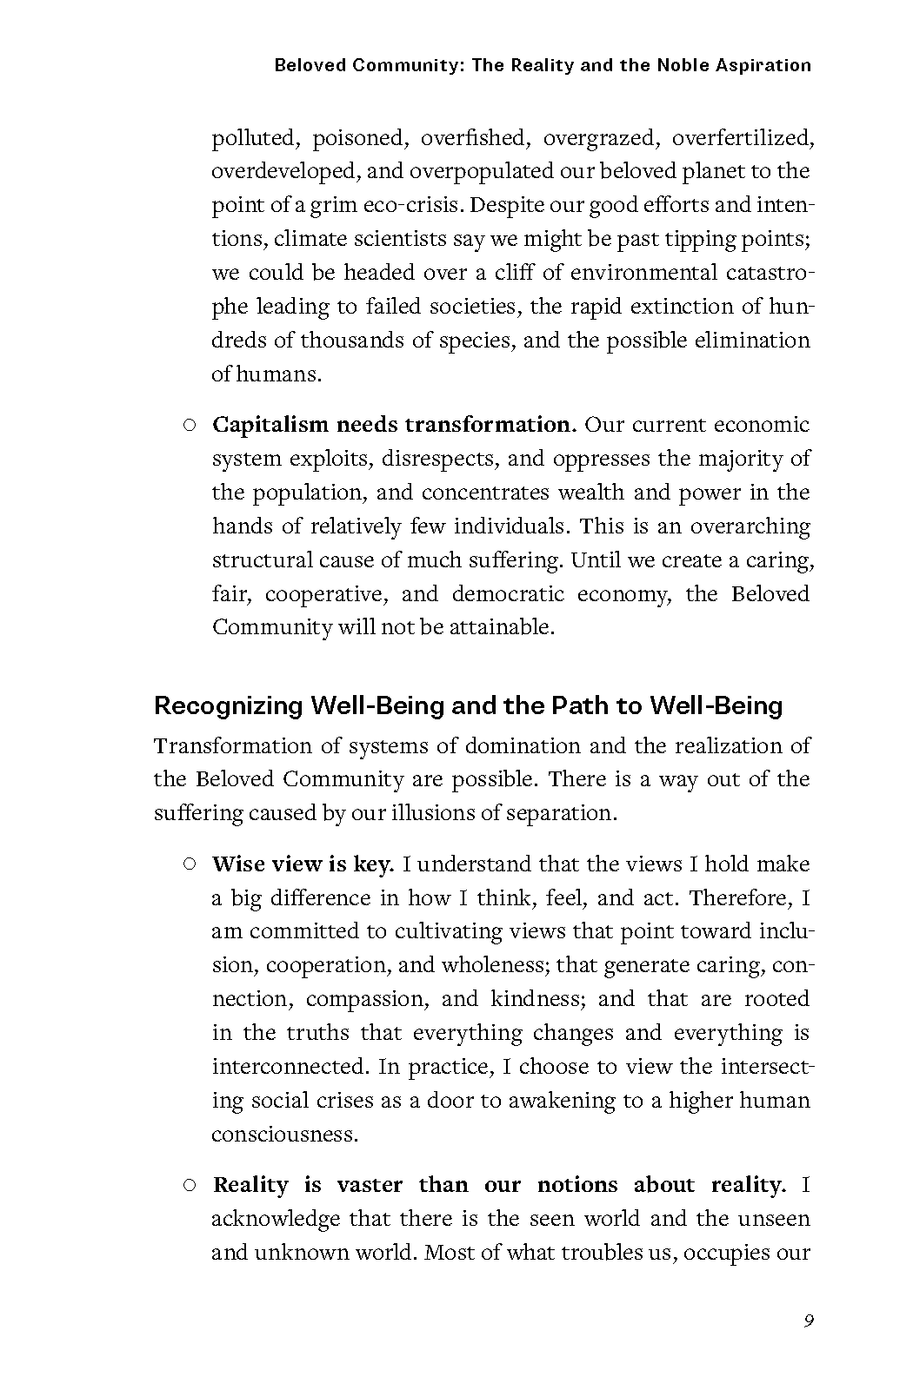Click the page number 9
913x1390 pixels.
pos(809,1321)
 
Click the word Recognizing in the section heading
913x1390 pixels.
pos(228,705)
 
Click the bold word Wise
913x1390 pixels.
pos(238,864)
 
